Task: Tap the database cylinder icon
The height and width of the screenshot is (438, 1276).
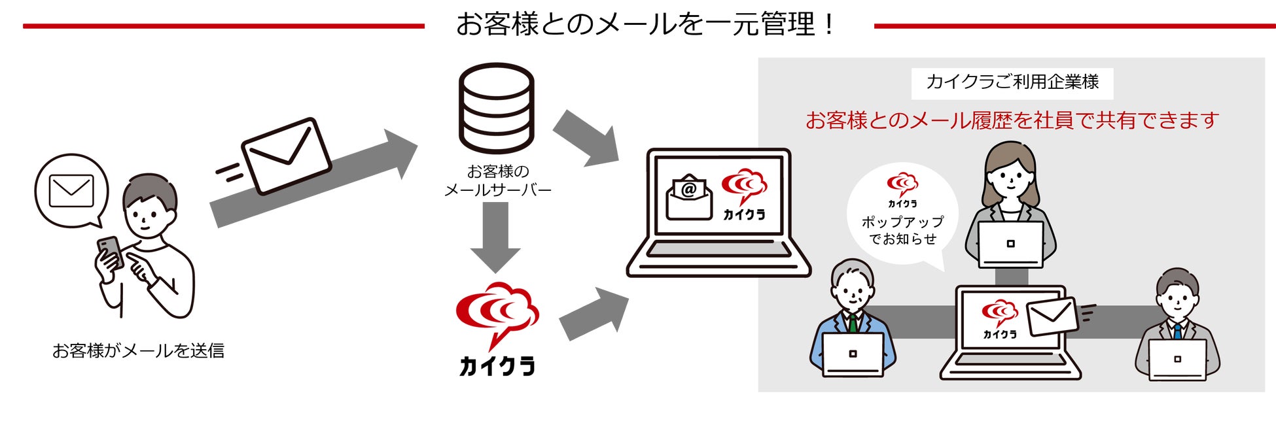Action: click(x=496, y=108)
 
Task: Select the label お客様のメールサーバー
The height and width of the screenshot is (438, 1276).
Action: click(x=497, y=181)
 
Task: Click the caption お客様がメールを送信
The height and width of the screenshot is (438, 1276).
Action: click(x=138, y=351)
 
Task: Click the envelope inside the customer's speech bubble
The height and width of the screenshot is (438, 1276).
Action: click(x=71, y=191)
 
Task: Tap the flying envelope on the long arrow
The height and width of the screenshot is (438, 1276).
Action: click(x=287, y=156)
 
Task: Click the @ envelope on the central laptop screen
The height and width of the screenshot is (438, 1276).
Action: click(x=689, y=197)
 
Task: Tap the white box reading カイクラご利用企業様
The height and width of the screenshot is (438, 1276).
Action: click(x=1012, y=82)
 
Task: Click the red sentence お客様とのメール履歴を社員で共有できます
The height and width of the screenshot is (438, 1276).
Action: click(x=1012, y=120)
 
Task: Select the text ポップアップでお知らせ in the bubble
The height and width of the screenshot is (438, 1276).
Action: click(x=902, y=230)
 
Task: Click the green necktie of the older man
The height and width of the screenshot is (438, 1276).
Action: click(x=853, y=324)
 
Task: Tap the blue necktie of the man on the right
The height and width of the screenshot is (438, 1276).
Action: click(x=1177, y=331)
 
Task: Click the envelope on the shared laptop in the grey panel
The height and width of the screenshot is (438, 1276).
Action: click(x=1052, y=316)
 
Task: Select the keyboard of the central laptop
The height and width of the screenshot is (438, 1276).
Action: click(x=718, y=250)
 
